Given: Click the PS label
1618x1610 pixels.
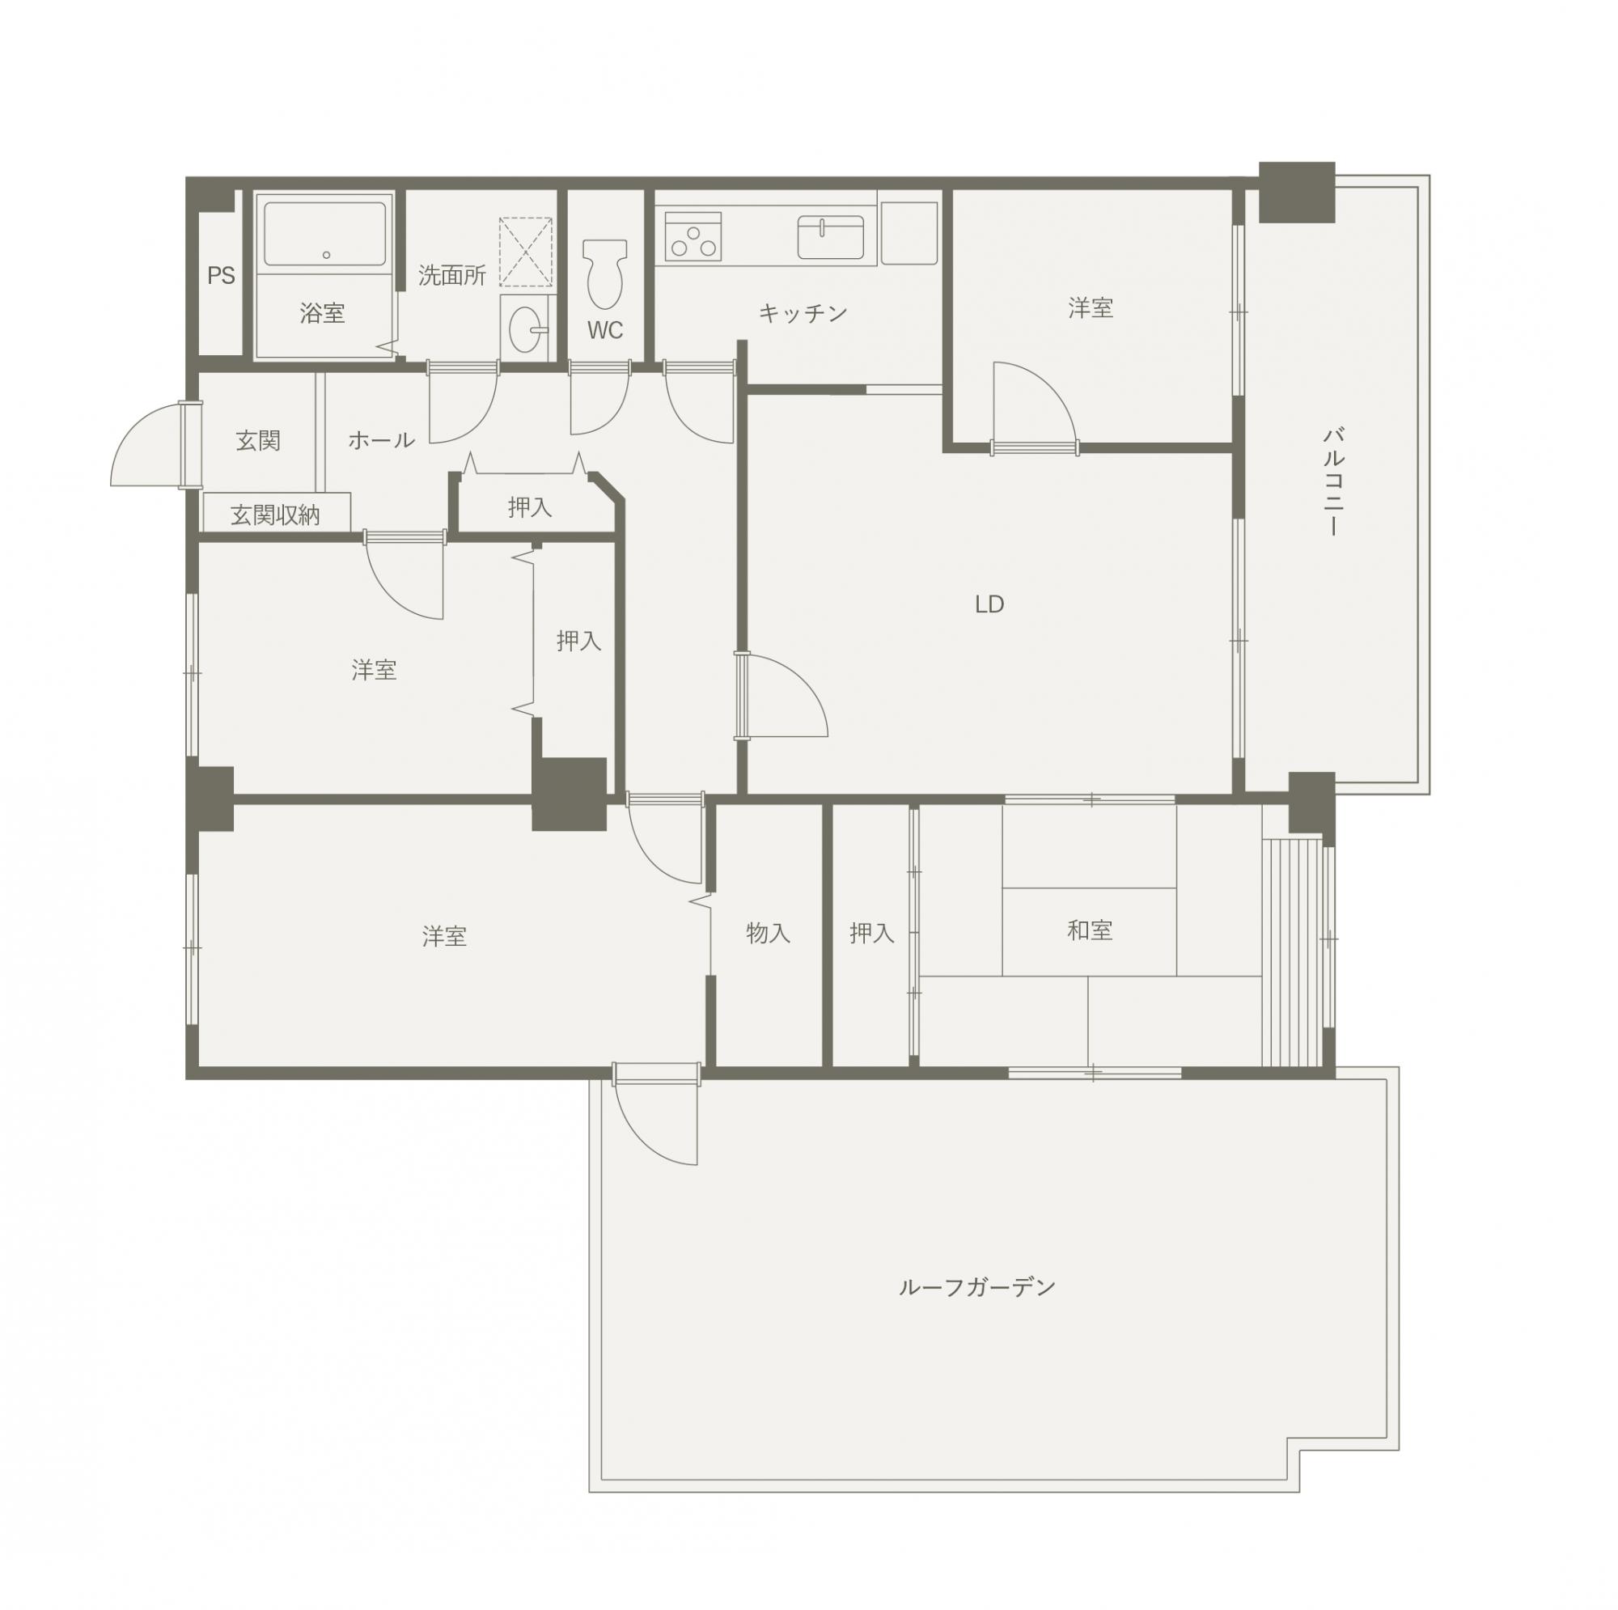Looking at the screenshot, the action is click(221, 276).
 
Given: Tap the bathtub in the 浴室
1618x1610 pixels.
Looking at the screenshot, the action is click(326, 234).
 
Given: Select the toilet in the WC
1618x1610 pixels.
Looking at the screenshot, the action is click(604, 273).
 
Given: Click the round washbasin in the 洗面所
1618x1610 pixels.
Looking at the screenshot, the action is click(527, 328).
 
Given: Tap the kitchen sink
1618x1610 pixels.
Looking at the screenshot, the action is click(830, 237).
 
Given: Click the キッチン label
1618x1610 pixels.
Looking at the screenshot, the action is click(803, 313).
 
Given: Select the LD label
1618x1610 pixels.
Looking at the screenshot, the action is click(989, 604).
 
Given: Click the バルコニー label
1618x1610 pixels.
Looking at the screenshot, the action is click(1334, 481).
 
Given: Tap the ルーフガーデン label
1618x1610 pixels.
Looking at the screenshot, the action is click(976, 1286).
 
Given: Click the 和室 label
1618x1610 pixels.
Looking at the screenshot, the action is click(1090, 930).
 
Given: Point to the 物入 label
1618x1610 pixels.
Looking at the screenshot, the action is click(768, 932).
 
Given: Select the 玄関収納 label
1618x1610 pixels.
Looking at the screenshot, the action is click(276, 515).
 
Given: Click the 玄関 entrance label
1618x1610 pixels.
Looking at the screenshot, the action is click(258, 440).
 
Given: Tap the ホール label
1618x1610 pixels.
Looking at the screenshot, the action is click(381, 440).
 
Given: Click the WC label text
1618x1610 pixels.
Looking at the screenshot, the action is click(604, 330).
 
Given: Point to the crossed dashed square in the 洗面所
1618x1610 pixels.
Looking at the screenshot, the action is click(526, 252).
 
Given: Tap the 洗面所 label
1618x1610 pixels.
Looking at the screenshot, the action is click(452, 276).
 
